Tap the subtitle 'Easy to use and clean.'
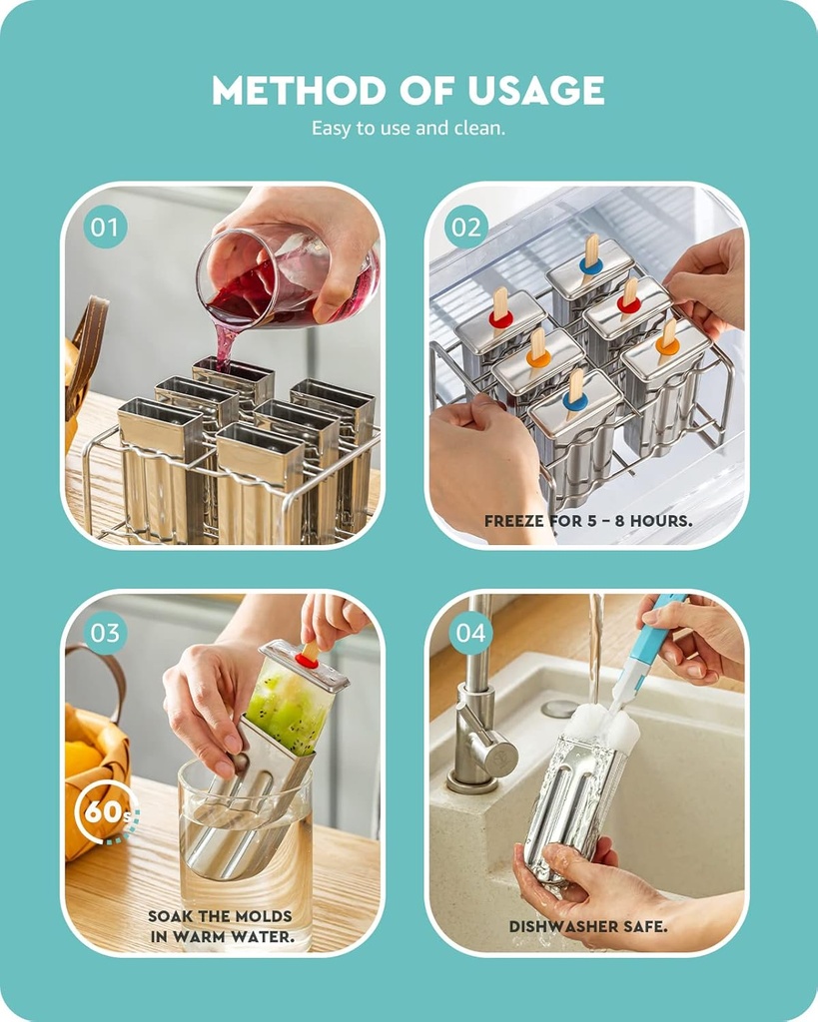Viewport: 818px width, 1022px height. click(409, 128)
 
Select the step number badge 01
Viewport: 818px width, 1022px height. click(105, 227)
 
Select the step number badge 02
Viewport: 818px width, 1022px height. click(466, 227)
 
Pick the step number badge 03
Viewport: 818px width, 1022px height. click(105, 633)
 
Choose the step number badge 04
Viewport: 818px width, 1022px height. click(470, 633)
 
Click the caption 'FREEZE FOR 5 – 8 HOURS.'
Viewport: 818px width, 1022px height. click(587, 521)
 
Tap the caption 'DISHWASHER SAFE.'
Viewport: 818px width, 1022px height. click(588, 926)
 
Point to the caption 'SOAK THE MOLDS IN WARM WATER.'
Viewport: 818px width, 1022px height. click(221, 926)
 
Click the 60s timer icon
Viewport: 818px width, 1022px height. click(104, 811)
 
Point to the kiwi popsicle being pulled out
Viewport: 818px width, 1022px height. click(292, 704)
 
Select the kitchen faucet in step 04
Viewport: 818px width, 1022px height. click(477, 719)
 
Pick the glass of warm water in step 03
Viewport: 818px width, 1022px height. click(245, 848)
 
